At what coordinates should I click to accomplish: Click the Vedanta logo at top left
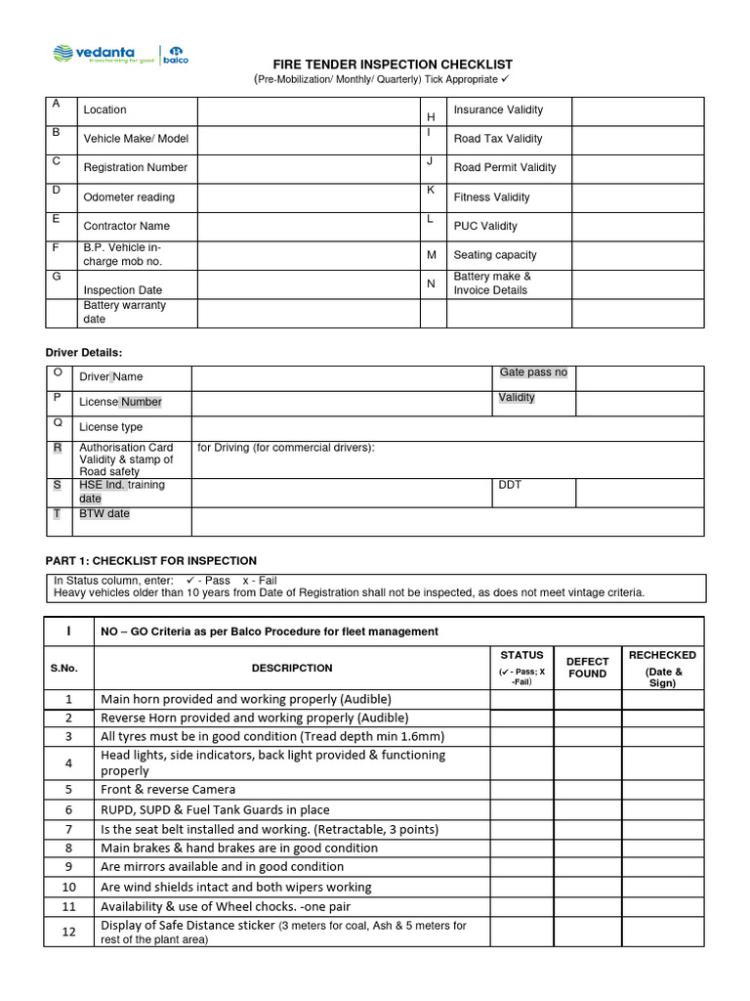[x=94, y=54]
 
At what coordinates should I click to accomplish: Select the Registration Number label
[x=135, y=167]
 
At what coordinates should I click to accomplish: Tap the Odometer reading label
[x=129, y=196]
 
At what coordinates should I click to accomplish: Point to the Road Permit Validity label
[x=504, y=167]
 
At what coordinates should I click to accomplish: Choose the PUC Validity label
[x=485, y=226]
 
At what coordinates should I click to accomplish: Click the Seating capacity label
[x=494, y=255]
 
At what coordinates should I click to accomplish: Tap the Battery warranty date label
[x=124, y=312]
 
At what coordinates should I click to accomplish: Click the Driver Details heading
[x=85, y=352]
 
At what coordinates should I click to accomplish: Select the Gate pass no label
[x=532, y=372]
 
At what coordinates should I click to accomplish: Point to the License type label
[x=110, y=427]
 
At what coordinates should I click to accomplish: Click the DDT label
[x=510, y=485]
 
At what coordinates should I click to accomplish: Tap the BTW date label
[x=104, y=513]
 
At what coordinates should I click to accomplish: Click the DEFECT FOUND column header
[x=587, y=668]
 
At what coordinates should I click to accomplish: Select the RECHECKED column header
[x=662, y=668]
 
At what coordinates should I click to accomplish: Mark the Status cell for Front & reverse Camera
[x=521, y=789]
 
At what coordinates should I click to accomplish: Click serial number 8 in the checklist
[x=68, y=848]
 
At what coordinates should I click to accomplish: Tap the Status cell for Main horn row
[x=521, y=699]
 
